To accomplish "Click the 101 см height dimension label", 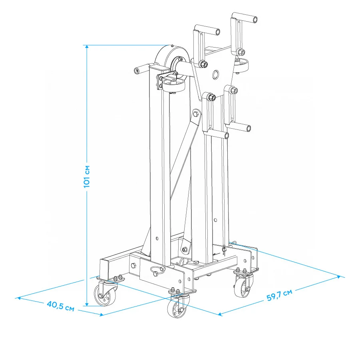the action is [87, 176].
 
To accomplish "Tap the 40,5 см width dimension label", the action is [61, 306].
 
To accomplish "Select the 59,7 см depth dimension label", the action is [279, 295].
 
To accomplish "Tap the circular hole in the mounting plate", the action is [216, 74].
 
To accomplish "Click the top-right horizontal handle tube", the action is [245, 18].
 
